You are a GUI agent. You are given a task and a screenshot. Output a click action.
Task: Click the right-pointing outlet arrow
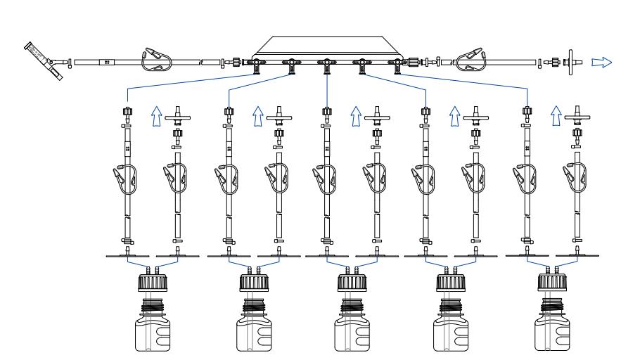point(601,62)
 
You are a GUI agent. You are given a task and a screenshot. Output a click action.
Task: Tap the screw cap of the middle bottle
point(352,285)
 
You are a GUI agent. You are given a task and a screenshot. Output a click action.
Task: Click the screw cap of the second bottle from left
point(252,285)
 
